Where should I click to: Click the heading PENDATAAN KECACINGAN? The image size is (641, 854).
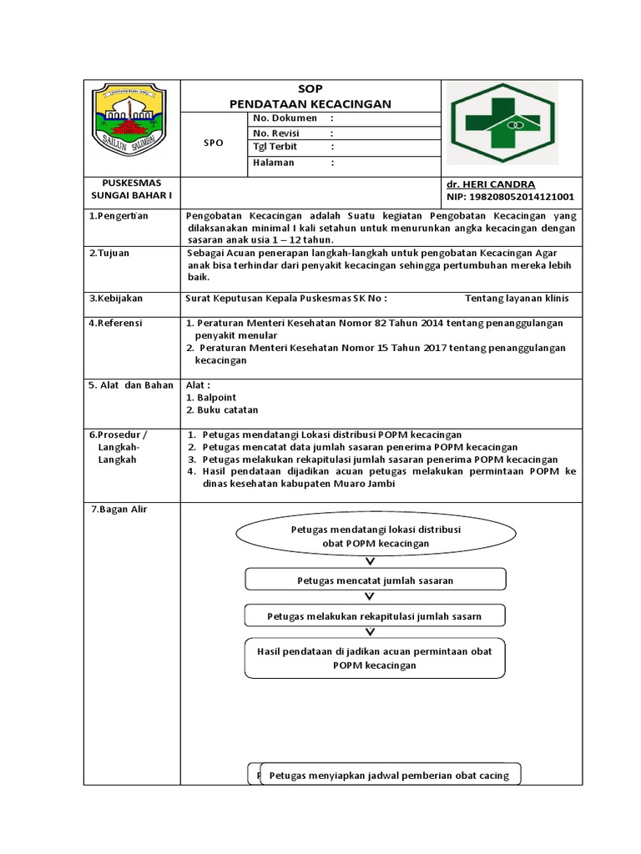click(310, 103)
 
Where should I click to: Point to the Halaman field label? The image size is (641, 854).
click(273, 163)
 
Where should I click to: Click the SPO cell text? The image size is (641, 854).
click(214, 143)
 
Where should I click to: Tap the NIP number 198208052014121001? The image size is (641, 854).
click(510, 197)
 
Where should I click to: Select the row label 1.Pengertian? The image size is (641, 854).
click(119, 216)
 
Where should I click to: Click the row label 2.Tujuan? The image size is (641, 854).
click(109, 253)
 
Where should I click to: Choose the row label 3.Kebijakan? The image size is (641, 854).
click(116, 298)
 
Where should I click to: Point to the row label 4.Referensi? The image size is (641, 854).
click(116, 323)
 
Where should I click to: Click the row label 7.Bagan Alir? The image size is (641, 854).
click(119, 509)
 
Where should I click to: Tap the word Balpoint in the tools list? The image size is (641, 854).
click(217, 398)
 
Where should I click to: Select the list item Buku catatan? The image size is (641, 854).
click(227, 410)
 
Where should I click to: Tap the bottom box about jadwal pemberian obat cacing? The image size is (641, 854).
click(390, 776)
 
